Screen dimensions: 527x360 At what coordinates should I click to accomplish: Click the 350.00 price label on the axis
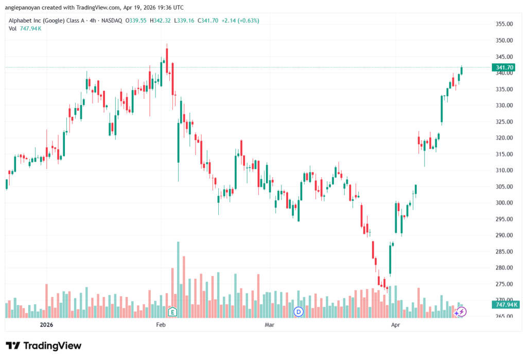(504, 40)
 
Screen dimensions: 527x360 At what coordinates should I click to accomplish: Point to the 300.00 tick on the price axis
(504, 203)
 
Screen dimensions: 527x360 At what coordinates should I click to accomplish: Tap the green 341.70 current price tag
(504, 67)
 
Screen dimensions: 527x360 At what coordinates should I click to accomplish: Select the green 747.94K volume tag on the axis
(505, 305)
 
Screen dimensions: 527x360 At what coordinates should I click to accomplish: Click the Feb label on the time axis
(161, 324)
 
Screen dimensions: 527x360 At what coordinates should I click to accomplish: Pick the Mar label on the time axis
(270, 324)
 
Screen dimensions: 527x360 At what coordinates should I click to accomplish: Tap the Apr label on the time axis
(396, 324)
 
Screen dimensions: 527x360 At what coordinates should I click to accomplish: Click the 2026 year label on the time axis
(46, 324)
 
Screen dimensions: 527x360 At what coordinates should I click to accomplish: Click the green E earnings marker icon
(172, 312)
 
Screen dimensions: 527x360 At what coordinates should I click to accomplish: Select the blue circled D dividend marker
(298, 312)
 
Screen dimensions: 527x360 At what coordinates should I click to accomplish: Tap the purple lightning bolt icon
(462, 312)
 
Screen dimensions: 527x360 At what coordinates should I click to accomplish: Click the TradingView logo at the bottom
(44, 346)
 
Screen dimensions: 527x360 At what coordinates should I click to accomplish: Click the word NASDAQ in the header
(112, 21)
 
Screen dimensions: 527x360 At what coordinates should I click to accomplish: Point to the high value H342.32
(161, 21)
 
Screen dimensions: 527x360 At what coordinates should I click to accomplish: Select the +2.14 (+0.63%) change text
(240, 21)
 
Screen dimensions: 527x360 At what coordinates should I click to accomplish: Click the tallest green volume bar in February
(178, 280)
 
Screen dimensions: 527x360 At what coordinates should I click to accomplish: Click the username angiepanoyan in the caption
(22, 7)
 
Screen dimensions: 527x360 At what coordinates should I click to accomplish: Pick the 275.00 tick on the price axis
(504, 284)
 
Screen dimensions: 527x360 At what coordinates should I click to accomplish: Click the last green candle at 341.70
(462, 71)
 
